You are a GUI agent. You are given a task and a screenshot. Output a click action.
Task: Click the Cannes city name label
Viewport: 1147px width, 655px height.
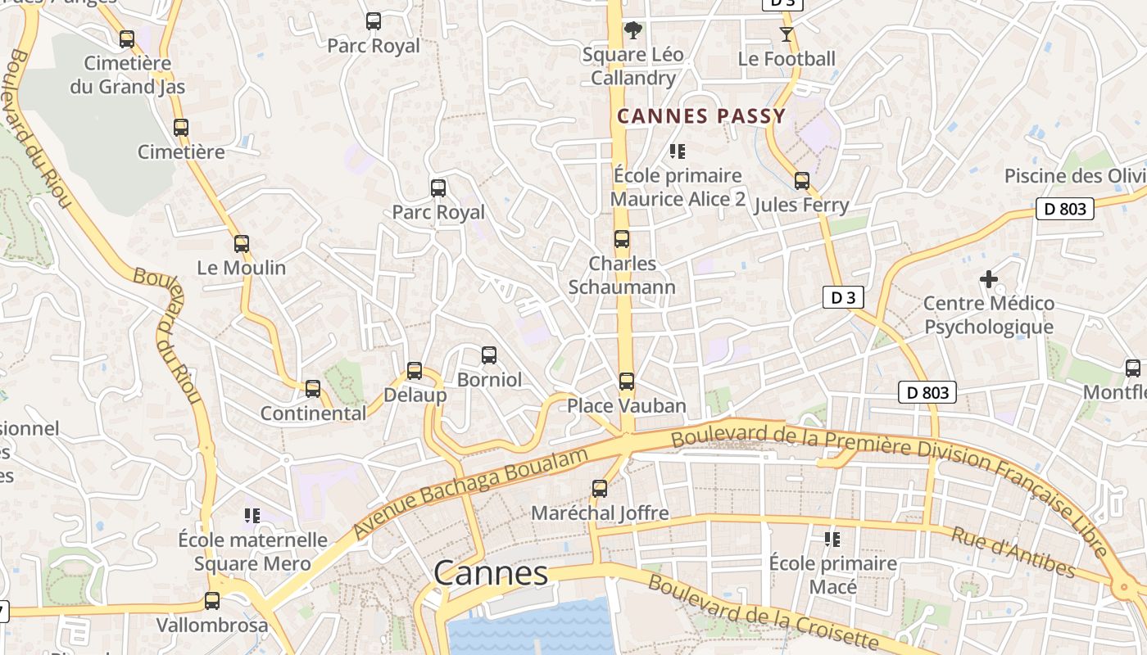491,573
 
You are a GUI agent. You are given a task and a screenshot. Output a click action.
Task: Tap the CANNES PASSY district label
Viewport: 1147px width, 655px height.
701,116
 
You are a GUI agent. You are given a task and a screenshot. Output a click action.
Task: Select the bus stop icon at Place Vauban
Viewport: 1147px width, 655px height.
627,382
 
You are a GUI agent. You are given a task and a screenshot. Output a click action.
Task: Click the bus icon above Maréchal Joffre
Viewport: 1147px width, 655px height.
600,489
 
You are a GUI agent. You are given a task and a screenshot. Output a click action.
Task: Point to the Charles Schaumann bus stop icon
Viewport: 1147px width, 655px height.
622,239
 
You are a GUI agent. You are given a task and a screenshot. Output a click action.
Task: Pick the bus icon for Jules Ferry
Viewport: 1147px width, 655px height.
802,181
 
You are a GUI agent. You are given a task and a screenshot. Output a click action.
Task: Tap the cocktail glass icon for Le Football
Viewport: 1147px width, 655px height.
787,34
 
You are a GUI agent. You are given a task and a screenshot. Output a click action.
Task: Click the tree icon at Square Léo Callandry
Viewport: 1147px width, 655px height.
632,30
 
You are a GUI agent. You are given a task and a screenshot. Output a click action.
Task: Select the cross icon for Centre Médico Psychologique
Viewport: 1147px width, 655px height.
989,279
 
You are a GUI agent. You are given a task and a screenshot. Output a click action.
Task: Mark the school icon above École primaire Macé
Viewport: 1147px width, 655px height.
832,539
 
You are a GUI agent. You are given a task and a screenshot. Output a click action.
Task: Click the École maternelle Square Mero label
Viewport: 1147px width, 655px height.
252,552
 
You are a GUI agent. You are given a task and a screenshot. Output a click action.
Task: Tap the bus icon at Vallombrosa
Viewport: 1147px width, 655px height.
212,601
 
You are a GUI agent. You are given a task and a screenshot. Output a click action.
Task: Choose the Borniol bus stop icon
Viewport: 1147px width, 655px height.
489,355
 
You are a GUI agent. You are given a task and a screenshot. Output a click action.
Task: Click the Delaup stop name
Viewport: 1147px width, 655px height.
415,395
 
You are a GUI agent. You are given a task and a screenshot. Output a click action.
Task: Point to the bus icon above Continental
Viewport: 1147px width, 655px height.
313,389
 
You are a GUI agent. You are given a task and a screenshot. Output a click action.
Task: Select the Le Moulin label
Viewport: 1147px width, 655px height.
242,268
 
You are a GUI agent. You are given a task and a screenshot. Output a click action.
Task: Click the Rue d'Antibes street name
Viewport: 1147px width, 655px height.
1013,553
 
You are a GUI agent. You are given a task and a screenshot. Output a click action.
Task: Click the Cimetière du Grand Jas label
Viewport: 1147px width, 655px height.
127,75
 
